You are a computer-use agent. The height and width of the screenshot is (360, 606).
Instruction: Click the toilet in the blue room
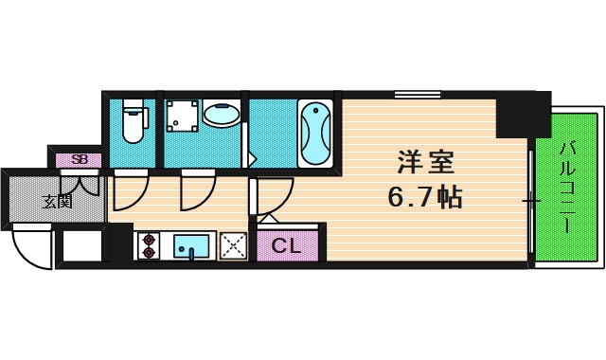click(x=133, y=122)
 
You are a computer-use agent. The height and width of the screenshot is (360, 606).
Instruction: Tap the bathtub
click(x=314, y=133)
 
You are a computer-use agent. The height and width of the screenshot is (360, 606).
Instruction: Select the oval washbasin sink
click(x=223, y=115)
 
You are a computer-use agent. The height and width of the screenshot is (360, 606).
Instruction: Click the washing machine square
click(x=182, y=115)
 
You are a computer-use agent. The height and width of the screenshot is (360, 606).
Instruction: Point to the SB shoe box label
click(x=80, y=159)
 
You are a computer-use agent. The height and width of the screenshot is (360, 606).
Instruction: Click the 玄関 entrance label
click(x=57, y=201)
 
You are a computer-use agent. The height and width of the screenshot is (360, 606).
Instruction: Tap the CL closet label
click(x=286, y=246)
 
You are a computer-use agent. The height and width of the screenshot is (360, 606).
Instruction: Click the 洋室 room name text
click(x=425, y=162)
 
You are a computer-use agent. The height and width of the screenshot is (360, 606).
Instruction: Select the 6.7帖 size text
click(x=425, y=197)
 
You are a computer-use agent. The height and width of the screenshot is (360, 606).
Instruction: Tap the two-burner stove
click(x=149, y=245)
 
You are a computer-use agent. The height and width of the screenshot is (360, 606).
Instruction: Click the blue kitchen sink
click(x=191, y=245)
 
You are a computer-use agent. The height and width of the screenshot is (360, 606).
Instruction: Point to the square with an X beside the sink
click(x=233, y=245)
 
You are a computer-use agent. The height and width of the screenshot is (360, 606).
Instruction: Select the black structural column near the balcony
click(x=523, y=114)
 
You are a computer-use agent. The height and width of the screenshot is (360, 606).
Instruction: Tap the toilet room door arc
click(x=129, y=192)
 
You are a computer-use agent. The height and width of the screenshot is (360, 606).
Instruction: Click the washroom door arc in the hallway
click(x=198, y=192)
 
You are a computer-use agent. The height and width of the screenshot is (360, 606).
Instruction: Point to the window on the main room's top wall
click(x=418, y=94)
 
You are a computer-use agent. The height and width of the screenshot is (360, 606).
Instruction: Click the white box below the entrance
click(x=81, y=246)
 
